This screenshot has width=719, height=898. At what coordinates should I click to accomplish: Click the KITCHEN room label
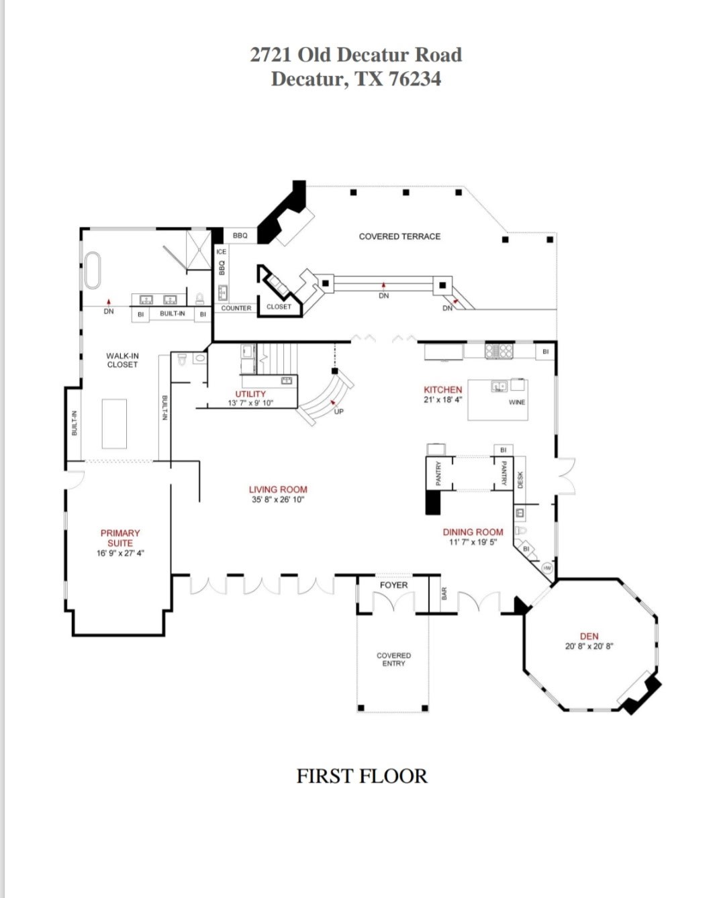442,389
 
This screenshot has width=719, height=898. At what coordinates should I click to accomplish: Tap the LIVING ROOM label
278,489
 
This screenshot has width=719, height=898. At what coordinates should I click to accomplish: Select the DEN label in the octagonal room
589,636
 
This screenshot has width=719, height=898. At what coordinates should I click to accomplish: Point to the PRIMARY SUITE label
120,538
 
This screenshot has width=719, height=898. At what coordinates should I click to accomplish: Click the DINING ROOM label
473,532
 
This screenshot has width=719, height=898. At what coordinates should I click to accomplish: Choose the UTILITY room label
250,394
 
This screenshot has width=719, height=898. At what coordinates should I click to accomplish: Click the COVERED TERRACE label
399,236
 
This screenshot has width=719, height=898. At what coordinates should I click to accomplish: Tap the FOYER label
393,585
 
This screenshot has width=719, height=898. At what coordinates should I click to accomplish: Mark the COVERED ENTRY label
393,659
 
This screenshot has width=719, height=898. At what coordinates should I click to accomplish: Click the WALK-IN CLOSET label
122,360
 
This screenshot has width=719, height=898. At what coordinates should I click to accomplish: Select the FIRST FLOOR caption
362,776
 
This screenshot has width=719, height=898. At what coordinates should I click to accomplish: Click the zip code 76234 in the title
415,79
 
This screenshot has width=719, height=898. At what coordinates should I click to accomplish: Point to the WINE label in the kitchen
517,402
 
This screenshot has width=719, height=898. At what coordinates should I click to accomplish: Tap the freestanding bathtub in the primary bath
91,270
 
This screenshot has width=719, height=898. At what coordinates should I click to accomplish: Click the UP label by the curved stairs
338,411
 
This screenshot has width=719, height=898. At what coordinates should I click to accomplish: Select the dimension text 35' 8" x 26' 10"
278,499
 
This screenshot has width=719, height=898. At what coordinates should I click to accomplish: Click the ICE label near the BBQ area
221,252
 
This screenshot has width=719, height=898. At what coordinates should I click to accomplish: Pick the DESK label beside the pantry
520,479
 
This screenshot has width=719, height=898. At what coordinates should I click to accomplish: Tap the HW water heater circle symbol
547,568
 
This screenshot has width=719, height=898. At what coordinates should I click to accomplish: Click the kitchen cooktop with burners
499,350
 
